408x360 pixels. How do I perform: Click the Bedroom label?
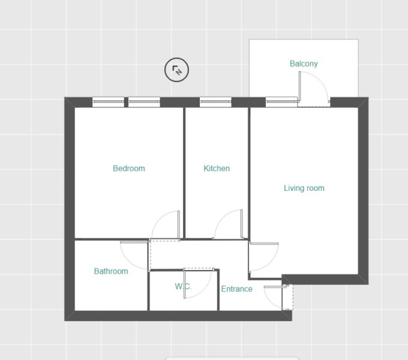pos(129,168)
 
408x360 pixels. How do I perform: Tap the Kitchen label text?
pos(217,168)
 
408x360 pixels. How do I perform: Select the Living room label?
pos(304,188)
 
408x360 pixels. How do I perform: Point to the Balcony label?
pos(304,64)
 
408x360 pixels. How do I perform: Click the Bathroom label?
pos(111,271)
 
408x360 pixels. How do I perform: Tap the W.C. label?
pos(183,286)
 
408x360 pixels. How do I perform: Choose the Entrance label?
pos(237,289)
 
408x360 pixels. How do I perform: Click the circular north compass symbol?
pos(176,70)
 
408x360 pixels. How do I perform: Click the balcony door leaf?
pos(300,86)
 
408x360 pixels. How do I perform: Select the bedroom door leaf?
pos(179,225)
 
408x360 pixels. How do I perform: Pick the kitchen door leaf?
pos(242,224)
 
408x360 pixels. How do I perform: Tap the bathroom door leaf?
pos(134,242)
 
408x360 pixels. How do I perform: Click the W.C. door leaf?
pos(184,284)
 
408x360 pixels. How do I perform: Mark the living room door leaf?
pos(264,244)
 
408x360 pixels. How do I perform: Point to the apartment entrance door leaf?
pos(276,287)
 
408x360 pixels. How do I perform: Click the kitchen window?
pos(215,102)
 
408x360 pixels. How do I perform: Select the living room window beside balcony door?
pos(281,102)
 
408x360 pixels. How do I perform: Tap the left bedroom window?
pos(108,102)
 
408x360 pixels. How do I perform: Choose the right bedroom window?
pos(144,102)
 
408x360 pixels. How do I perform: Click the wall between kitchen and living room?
pos(249,173)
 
